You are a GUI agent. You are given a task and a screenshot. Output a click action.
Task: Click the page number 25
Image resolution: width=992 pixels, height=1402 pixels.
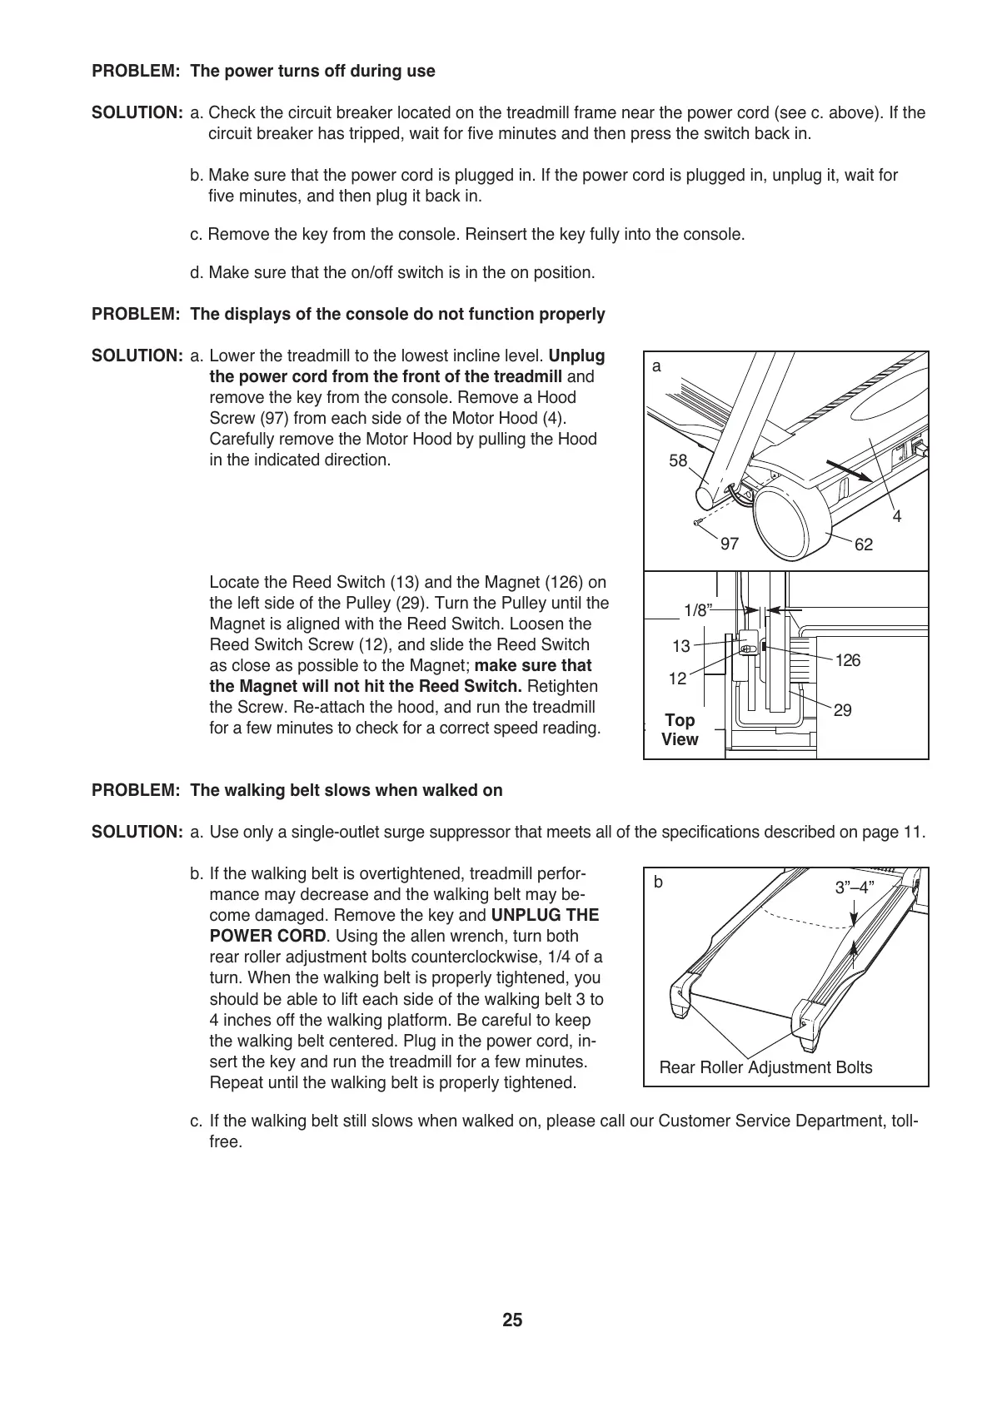point(512,1320)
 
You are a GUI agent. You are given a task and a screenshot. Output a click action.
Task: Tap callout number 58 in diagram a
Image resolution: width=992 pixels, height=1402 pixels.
point(678,460)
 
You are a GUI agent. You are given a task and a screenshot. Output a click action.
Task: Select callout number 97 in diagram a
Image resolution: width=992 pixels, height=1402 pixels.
point(730,544)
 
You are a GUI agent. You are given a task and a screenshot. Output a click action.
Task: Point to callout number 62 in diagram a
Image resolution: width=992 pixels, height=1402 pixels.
point(864,544)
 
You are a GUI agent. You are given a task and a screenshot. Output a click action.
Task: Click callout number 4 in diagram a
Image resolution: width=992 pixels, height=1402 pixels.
point(897,517)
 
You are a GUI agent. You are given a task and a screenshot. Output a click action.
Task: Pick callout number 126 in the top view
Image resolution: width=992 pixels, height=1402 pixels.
point(847,661)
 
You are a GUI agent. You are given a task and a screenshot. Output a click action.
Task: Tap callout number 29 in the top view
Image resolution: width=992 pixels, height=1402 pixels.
point(842,710)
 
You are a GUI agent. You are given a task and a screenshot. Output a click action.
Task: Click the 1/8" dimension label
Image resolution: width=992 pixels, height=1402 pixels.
point(698,610)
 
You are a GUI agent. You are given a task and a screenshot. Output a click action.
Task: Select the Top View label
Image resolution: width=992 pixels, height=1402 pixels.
point(680,729)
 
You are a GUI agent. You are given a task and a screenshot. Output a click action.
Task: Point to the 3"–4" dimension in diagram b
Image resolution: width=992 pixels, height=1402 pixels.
point(855,887)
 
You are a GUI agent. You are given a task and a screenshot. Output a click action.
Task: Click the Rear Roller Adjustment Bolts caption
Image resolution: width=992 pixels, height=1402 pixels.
point(765,1067)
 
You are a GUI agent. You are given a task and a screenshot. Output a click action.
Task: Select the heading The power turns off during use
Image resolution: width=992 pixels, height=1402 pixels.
point(312,72)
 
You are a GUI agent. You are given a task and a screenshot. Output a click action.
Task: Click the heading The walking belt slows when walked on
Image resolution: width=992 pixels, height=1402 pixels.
point(346,790)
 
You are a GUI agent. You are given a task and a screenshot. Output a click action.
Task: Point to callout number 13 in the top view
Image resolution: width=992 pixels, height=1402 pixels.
point(681,646)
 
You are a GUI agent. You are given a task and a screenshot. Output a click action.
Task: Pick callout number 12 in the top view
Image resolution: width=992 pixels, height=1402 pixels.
point(678,679)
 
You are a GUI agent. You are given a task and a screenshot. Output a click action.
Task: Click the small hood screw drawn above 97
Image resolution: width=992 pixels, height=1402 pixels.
point(698,523)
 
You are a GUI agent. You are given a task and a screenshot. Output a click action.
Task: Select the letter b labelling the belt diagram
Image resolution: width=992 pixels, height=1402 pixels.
point(658,882)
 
